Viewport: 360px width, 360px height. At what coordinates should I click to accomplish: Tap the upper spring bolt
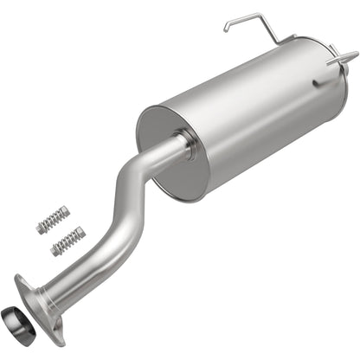(51, 220)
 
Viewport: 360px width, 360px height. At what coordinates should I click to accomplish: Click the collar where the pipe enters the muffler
(183, 144)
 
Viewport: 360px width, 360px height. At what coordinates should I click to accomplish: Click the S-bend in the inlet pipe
(121, 208)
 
